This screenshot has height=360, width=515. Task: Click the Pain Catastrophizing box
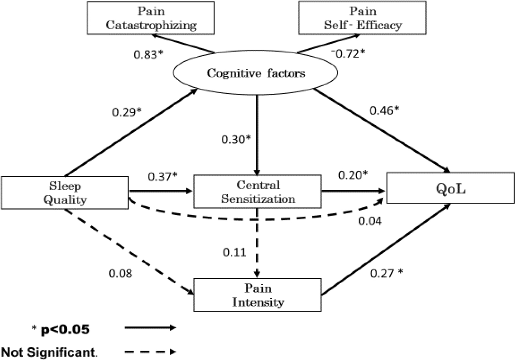tap(151, 18)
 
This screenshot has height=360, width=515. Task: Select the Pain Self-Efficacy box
tap(362, 18)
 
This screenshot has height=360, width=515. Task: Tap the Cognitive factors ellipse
tap(255, 73)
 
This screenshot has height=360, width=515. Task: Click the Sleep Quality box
tap(65, 193)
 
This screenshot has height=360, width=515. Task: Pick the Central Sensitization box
tap(257, 192)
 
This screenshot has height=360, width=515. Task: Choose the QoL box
tap(450, 188)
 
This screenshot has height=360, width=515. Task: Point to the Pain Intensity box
tap(257, 295)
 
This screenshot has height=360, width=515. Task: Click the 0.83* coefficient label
tap(148, 55)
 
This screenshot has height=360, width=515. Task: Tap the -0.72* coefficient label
tap(348, 54)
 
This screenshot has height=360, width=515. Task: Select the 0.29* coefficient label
tap(127, 112)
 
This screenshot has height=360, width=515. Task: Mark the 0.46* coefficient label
tap(384, 110)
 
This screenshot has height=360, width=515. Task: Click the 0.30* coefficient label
tap(236, 139)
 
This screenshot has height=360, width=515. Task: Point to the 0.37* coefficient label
tap(163, 176)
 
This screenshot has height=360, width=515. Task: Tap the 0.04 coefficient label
tap(370, 221)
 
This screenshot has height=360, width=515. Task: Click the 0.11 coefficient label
tap(234, 252)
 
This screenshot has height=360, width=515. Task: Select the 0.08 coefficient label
tap(120, 274)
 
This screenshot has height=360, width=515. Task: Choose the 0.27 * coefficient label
tap(386, 273)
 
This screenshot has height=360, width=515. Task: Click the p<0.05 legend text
tap(65, 330)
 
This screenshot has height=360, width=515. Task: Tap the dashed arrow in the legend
tap(151, 352)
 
